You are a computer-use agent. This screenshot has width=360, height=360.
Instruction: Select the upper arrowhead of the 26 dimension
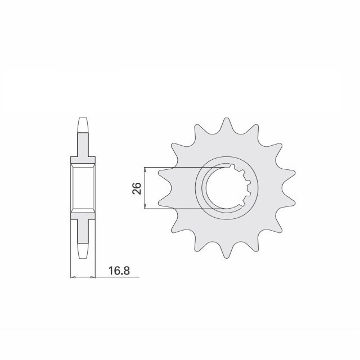click(x=146, y=170)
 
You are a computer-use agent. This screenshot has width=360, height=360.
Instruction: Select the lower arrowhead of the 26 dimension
click(x=146, y=207)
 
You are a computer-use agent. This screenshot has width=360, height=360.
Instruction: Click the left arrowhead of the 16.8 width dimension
click(x=72, y=277)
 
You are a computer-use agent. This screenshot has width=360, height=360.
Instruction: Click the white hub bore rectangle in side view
click(x=82, y=188)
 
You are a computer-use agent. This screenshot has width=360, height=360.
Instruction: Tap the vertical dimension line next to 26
click(x=146, y=188)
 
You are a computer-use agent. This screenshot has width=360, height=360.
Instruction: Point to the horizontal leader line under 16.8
click(x=112, y=277)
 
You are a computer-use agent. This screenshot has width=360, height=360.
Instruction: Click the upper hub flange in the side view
click(x=82, y=160)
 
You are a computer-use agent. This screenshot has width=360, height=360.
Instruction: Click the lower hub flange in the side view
click(x=82, y=217)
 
